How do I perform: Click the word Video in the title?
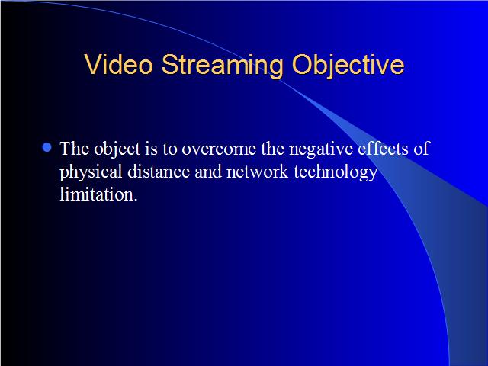(119, 64)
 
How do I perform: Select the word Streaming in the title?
(223, 66)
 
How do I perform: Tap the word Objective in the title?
(348, 66)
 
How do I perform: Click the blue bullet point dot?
(47, 147)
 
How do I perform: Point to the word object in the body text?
(117, 149)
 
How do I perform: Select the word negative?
(321, 149)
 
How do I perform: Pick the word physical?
(91, 172)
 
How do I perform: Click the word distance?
(159, 172)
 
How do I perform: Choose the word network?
(257, 172)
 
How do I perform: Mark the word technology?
(335, 172)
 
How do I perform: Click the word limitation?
(97, 194)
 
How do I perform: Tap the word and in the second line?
(208, 172)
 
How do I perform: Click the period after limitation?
(136, 200)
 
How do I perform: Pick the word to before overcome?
(169, 149)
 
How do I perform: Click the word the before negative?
(273, 149)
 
